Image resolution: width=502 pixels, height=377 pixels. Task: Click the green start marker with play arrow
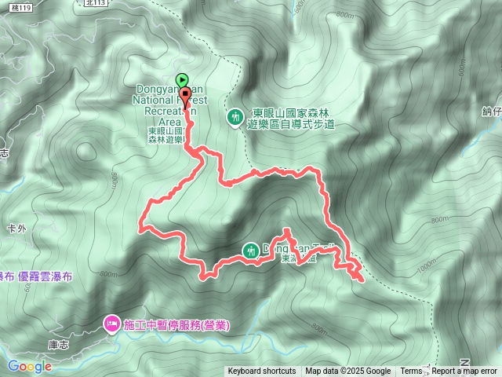[x=182, y=79]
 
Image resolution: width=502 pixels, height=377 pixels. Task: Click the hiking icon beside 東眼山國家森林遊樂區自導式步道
[x=234, y=117]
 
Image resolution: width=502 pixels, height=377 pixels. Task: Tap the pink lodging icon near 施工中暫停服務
[x=111, y=323]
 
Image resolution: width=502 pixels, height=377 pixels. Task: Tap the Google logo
[x=29, y=366]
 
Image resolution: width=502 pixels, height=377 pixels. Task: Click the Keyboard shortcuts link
[x=262, y=372]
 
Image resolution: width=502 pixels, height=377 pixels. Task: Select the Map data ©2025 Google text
[x=348, y=372]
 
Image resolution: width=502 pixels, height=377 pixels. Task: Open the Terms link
[x=411, y=372]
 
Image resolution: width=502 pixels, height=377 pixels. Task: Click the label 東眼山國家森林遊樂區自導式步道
[x=291, y=118]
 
